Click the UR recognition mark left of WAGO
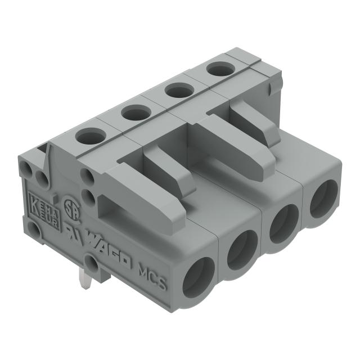click(x=72, y=231)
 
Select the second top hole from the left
click(x=134, y=113)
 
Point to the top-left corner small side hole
click(x=27, y=168)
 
